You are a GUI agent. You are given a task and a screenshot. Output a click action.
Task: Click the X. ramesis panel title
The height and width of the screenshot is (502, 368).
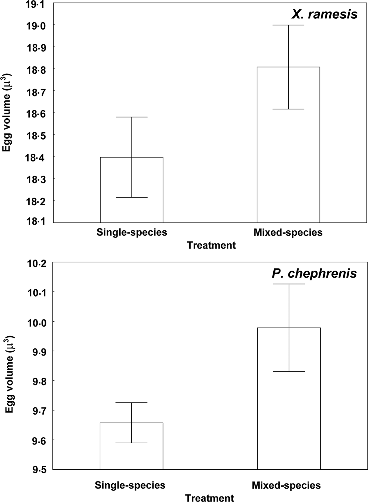(324, 14)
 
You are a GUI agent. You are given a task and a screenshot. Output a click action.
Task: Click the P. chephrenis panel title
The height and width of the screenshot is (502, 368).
(314, 273)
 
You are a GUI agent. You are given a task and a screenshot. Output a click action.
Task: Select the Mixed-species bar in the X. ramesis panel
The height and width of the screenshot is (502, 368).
(288, 145)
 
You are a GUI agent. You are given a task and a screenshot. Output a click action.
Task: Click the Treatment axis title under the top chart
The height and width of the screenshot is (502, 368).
(211, 245)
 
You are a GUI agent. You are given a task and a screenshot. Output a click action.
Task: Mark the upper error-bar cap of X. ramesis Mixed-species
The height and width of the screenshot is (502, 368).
(288, 25)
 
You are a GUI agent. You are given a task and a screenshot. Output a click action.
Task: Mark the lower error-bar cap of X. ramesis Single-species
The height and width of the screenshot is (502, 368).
(132, 197)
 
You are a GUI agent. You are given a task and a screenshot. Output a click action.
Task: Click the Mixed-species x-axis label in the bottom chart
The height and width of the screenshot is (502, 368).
(286, 485)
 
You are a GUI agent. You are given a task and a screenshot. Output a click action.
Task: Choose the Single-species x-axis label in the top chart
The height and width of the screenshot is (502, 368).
(132, 232)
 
